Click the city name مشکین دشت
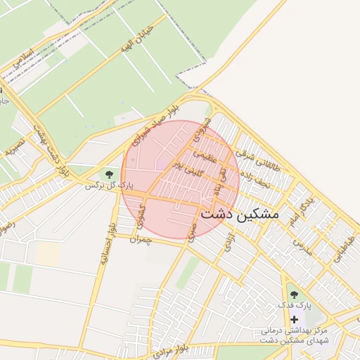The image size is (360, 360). [240, 213]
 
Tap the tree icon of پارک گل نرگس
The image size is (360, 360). [109, 174]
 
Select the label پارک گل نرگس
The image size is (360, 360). [109, 186]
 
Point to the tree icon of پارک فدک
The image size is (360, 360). [294, 295]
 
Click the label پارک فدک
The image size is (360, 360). [294, 307]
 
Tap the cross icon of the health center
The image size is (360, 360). [294, 320]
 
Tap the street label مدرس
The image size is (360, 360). [302, 247]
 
